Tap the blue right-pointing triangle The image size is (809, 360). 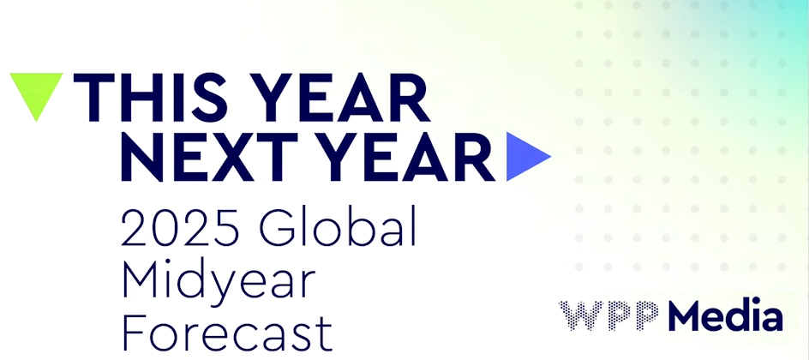[x=525, y=157]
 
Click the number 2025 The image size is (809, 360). [x=181, y=227]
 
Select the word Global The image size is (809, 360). [x=338, y=226]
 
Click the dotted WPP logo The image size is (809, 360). [x=609, y=315]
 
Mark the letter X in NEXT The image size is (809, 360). [x=231, y=157]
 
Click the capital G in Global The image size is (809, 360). [x=277, y=227]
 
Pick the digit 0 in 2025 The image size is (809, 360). [x=166, y=227]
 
